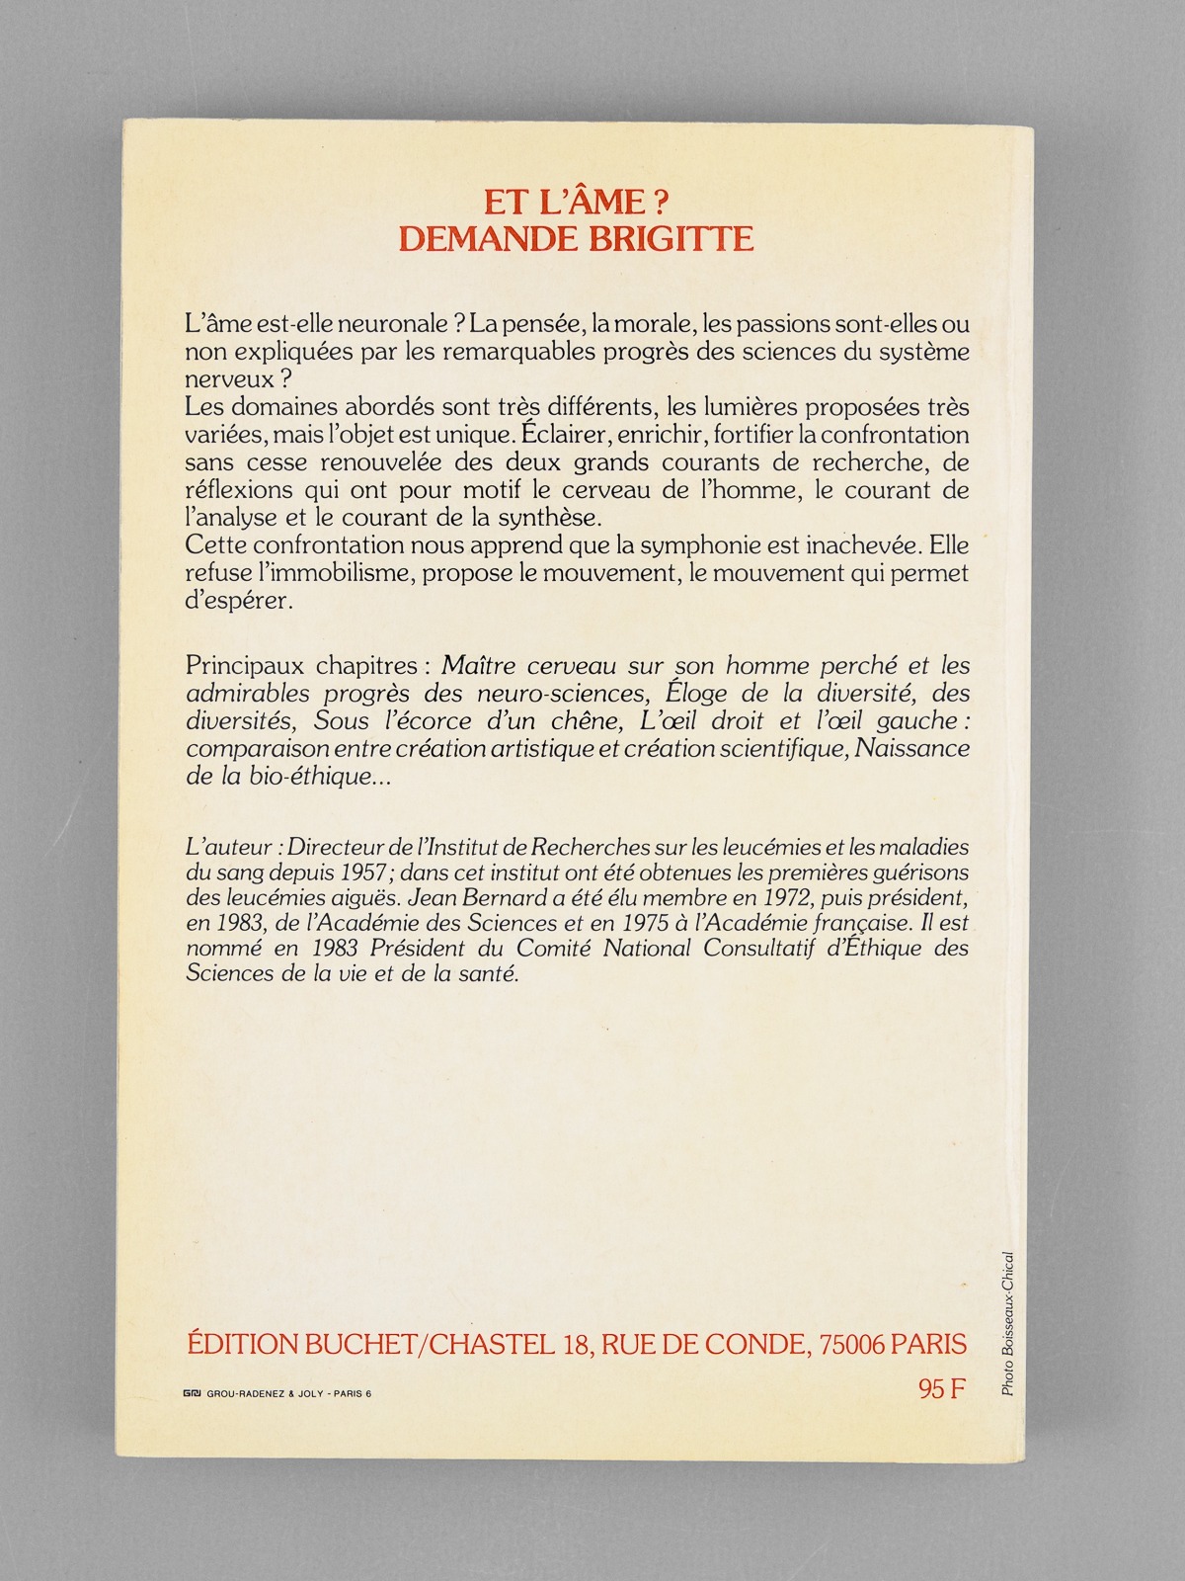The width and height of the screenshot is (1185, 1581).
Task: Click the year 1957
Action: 370,874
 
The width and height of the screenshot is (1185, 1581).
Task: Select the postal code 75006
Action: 852,1344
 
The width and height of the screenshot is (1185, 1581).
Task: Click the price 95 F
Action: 941,1388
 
